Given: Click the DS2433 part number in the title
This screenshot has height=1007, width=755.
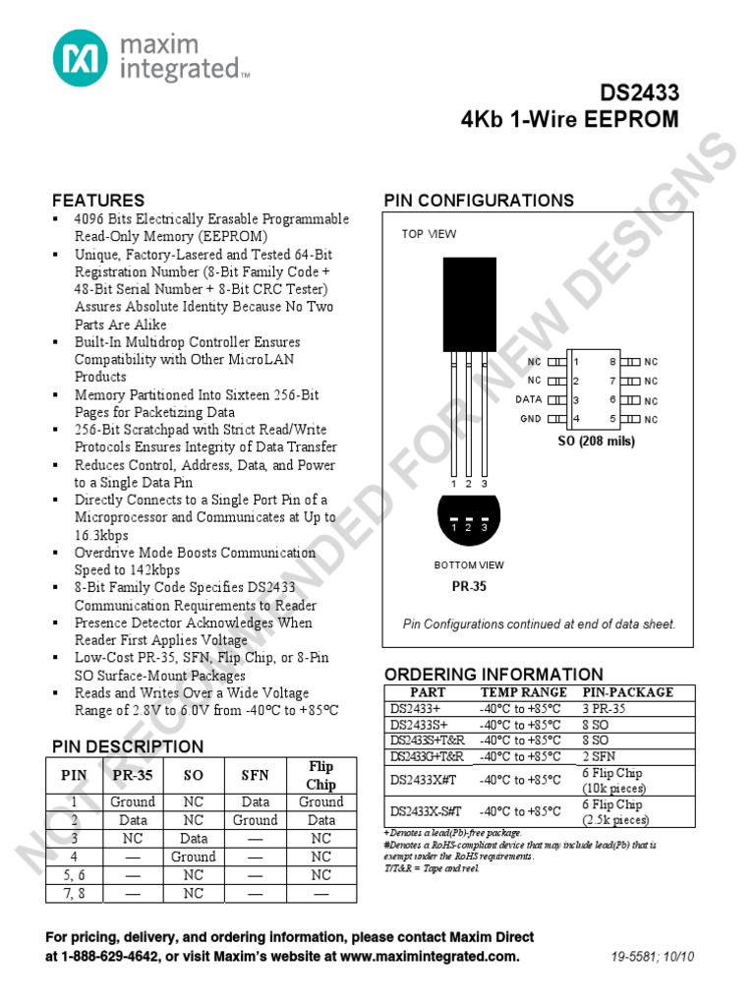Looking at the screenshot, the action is pos(640,93).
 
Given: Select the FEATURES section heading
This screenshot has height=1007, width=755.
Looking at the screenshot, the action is pos(98,200).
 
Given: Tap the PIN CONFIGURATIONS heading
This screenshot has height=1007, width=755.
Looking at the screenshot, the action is pos(479,200).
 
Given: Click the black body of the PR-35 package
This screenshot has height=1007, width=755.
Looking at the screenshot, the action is pos(470,304).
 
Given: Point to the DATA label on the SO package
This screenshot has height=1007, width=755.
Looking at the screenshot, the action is pos(529,400).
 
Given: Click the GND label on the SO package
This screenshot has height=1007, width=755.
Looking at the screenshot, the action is pos(531,419).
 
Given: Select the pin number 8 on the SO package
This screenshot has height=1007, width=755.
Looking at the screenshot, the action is pos(612,362).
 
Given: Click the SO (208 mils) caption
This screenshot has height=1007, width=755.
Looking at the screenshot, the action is pos(597,441).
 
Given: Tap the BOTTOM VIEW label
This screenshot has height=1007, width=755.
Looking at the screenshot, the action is pos(469,565).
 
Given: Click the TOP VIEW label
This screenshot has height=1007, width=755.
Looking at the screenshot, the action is pos(429,234).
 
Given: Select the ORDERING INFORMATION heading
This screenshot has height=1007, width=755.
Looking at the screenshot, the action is pos(494,675).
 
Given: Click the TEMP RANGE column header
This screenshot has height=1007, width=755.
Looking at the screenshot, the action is pos(523,692).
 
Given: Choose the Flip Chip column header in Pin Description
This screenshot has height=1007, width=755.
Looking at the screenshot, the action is pos(320,775).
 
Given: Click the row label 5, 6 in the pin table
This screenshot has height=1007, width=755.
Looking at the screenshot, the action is pos(75,874).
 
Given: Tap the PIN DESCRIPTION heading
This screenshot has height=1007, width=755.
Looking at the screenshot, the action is pos(128,746).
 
